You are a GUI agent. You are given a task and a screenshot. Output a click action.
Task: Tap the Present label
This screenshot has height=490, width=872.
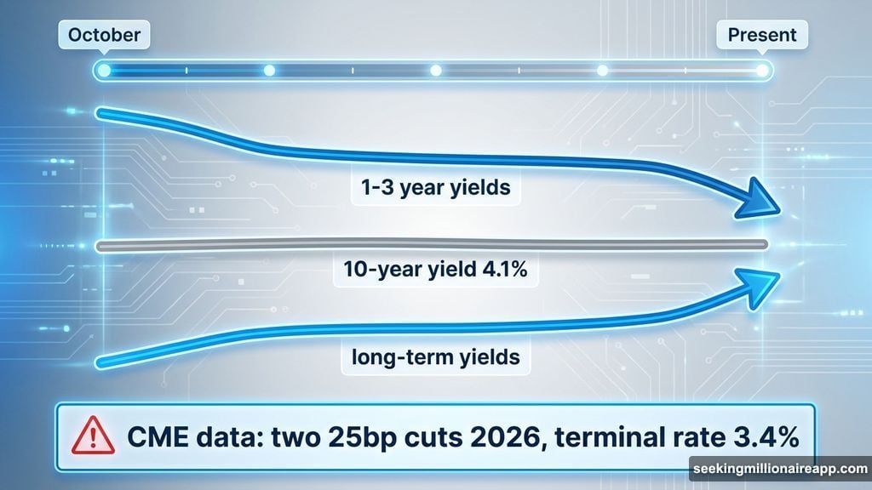point(762,36)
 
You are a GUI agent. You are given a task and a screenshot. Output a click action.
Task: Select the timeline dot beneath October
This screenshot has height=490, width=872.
point(104,71)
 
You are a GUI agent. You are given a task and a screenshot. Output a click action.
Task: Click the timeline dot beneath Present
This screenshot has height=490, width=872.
point(762,71)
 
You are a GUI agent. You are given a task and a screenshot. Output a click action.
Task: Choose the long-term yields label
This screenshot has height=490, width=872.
point(435,357)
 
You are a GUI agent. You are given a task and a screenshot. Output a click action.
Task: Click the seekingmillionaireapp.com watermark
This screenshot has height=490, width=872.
point(778,469)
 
